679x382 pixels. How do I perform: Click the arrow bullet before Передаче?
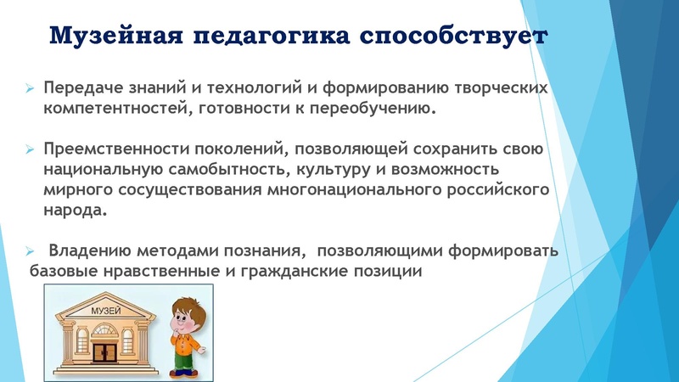(x=30, y=89)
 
